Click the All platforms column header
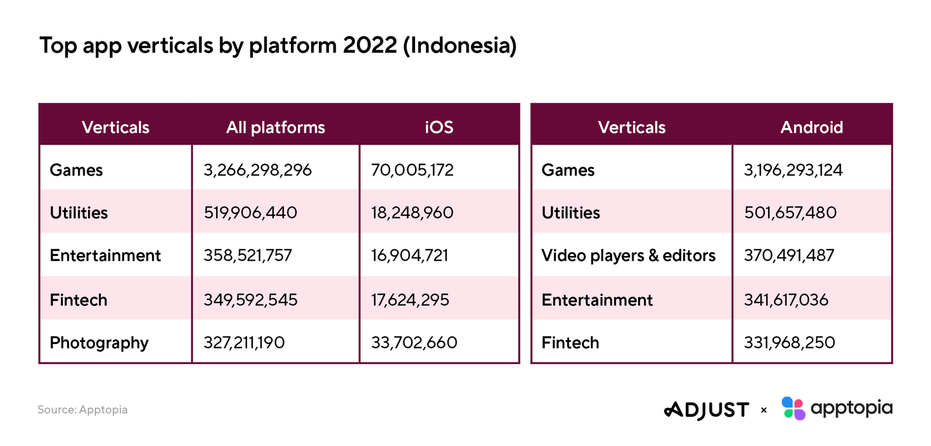275,127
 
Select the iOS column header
439,127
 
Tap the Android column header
811,127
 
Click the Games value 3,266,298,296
257,170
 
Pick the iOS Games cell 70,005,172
412,170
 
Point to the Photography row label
99,343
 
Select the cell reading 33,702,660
414,343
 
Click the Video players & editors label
628,256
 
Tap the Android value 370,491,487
789,256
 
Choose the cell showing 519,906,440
250,213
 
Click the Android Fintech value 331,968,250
789,343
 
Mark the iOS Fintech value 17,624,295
410,300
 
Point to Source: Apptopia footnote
82,410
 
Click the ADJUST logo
706,410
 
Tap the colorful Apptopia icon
793,408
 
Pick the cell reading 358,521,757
248,256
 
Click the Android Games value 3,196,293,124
793,170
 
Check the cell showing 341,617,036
786,300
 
